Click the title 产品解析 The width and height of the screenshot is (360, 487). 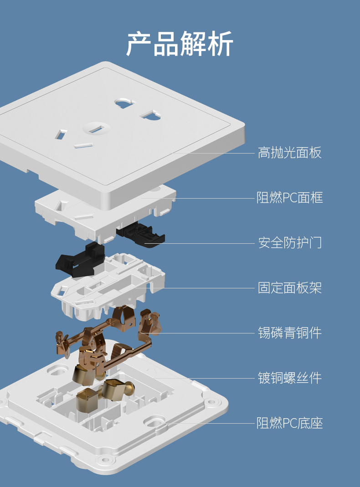point(180,44)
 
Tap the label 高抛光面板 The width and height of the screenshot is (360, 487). point(289,153)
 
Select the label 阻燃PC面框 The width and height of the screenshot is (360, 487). point(289,198)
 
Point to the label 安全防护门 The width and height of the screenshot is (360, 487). point(289,242)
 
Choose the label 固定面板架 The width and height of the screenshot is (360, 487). point(289,288)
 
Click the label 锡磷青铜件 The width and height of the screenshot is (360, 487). point(289,333)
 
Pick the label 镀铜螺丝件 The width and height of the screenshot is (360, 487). point(289,378)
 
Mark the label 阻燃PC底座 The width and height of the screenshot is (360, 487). point(289,423)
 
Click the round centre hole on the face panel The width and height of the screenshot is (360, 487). point(96,128)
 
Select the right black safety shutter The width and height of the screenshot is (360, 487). point(141,233)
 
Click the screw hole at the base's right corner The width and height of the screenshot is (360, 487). point(211,402)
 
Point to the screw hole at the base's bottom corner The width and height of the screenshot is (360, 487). point(106,460)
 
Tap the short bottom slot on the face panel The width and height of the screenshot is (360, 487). point(83,146)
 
